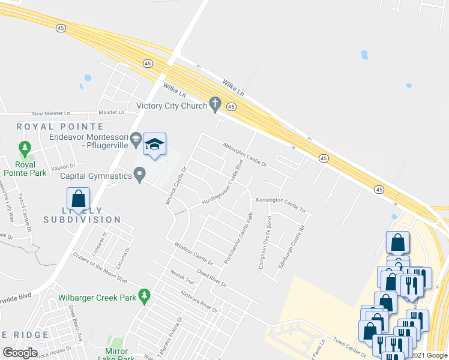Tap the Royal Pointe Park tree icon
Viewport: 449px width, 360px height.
(25, 148)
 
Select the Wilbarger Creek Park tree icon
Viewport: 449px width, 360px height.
(143, 296)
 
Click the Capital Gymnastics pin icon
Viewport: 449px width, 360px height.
(140, 176)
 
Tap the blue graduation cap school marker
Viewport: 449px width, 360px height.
(154, 145)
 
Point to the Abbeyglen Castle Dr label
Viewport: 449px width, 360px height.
(244, 154)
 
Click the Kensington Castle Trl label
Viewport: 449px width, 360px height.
(281, 205)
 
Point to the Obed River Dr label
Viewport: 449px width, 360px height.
(211, 278)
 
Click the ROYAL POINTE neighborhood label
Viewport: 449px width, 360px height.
(60, 127)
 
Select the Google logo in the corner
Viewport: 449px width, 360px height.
(20, 353)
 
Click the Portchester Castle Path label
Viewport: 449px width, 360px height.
(237, 238)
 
